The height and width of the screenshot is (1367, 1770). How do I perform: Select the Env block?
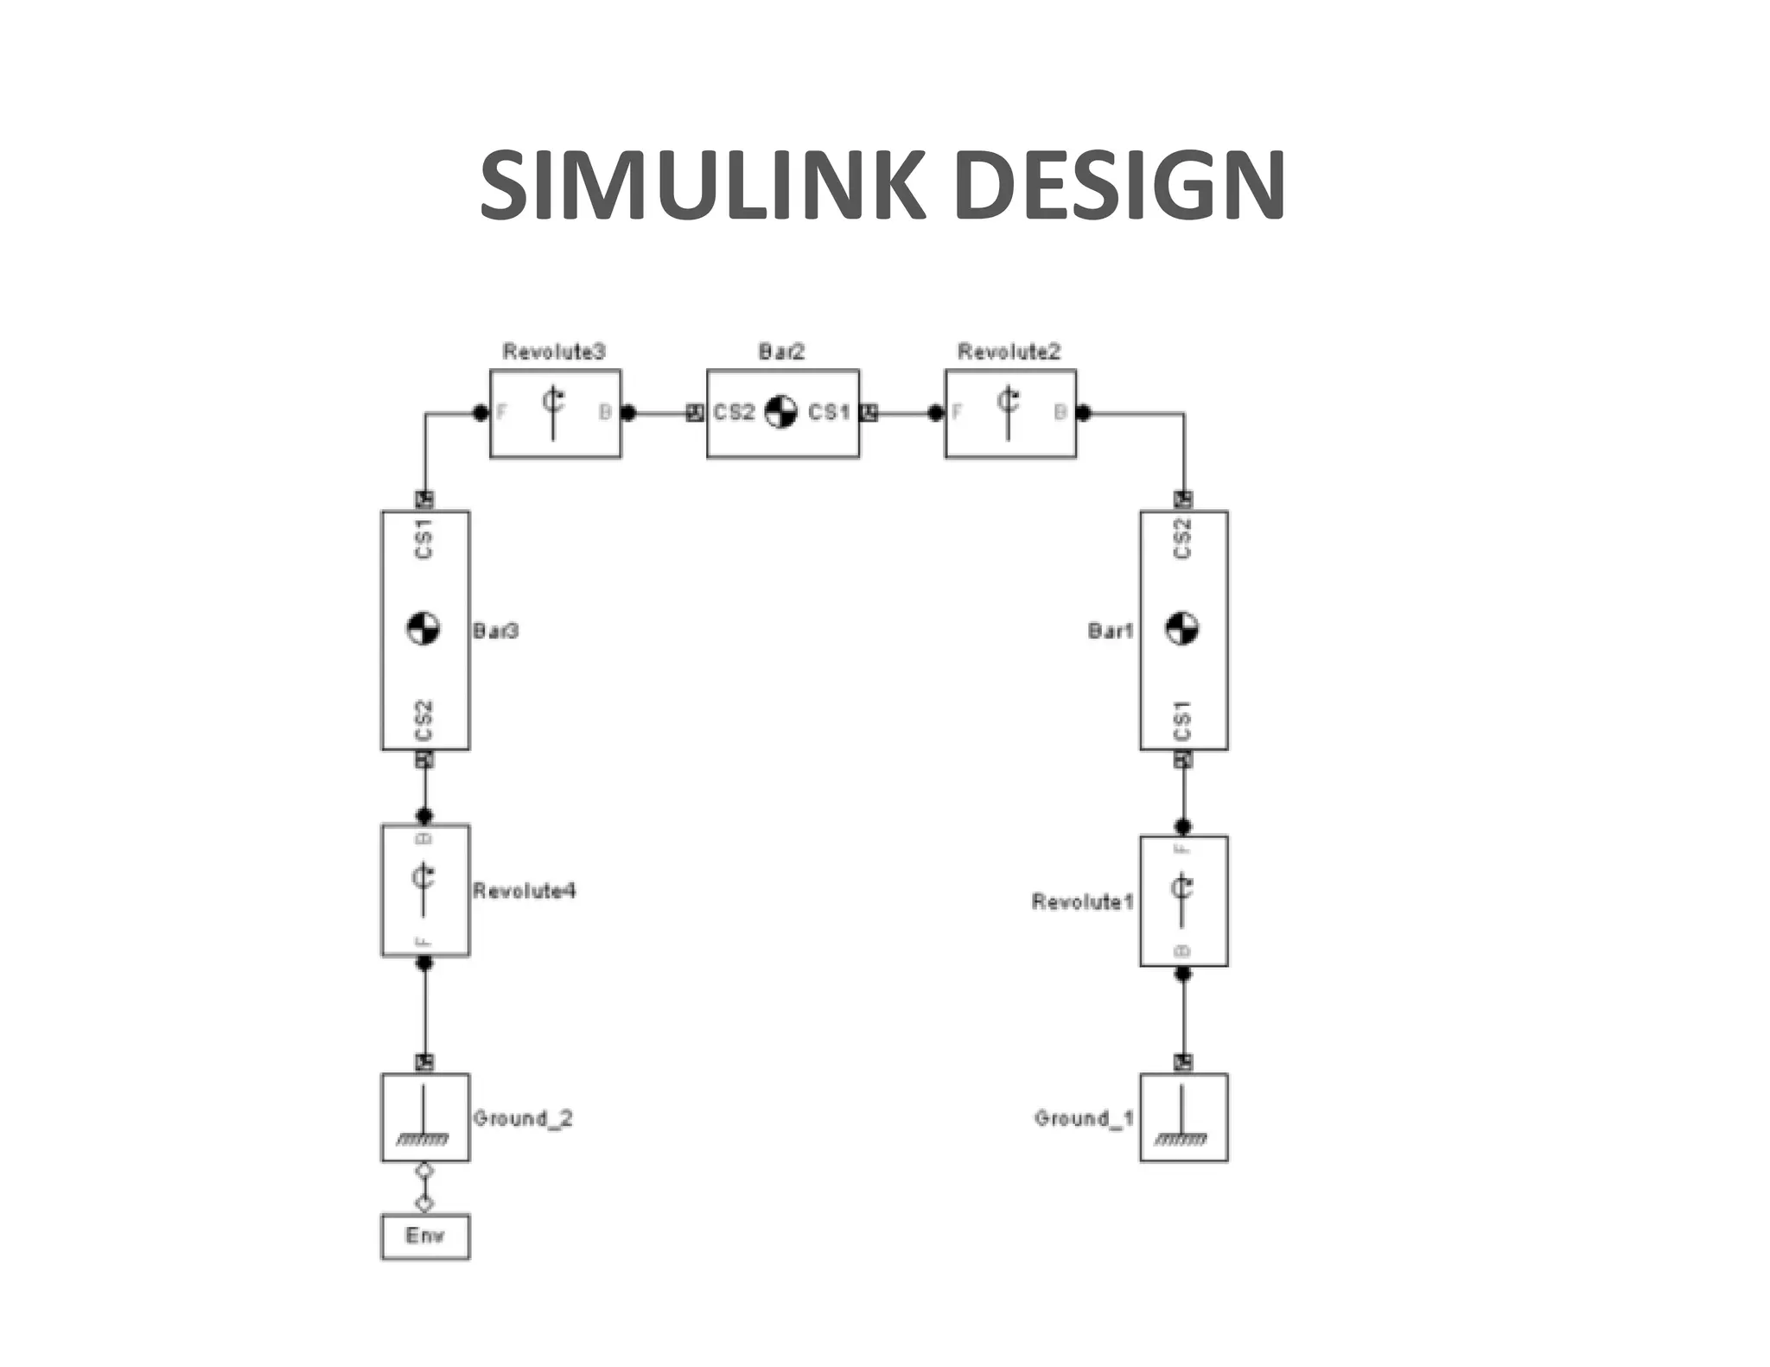point(425,1236)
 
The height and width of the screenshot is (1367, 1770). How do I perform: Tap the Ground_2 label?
point(523,1118)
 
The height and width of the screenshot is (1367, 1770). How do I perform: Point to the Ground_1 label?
point(1084,1118)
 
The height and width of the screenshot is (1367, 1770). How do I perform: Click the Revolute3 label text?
point(554,352)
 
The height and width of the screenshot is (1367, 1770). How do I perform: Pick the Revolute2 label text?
point(1009,352)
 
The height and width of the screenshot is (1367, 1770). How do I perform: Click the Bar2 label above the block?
point(781,352)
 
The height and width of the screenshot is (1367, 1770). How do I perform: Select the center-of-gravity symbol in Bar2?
point(781,412)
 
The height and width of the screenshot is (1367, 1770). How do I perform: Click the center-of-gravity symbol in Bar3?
point(423,628)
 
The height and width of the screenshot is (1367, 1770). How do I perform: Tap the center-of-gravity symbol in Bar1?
point(1182,628)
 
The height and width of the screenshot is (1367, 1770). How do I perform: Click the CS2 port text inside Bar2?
point(735,413)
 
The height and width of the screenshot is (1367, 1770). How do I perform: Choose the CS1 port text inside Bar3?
point(423,539)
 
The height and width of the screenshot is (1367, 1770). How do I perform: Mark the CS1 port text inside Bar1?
point(1182,720)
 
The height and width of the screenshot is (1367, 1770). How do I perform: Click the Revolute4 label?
point(524,891)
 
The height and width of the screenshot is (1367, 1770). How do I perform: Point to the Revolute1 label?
point(1082,902)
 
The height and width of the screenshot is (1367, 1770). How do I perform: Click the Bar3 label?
point(495,631)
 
